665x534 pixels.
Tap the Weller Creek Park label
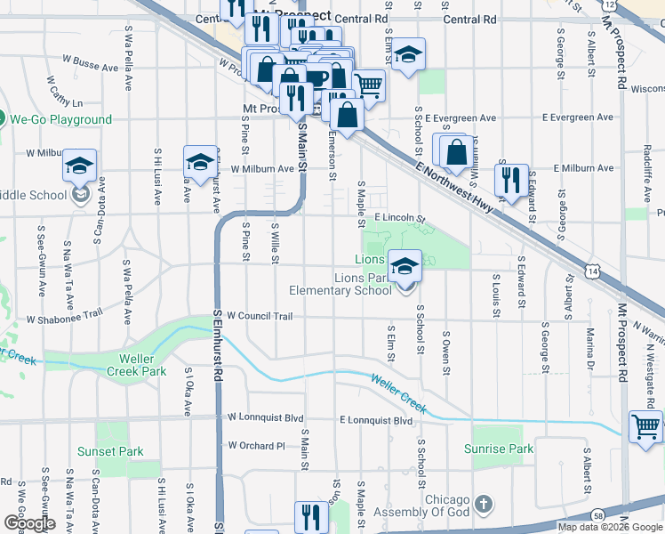(136, 364)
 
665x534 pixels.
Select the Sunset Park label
(110, 451)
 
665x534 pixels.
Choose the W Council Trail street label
(260, 316)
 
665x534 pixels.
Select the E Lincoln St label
(400, 218)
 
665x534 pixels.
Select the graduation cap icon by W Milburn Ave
(200, 162)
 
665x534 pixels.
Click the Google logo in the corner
(29, 523)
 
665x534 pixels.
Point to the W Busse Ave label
(90, 66)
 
